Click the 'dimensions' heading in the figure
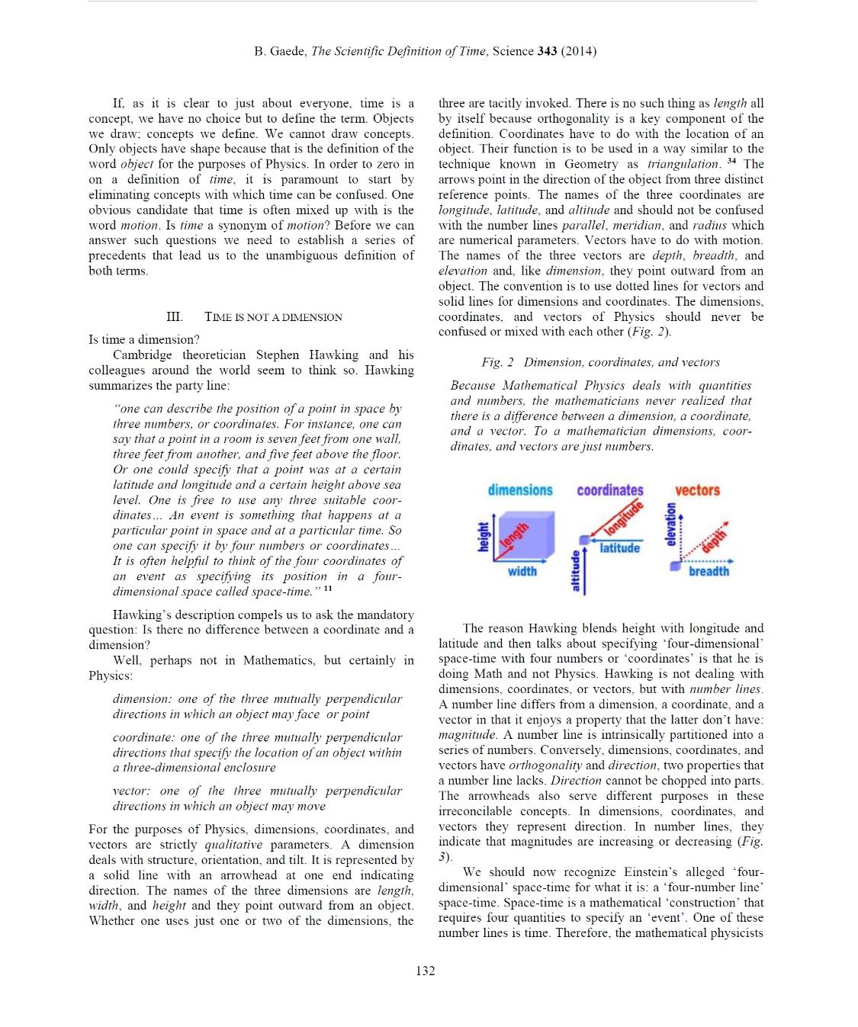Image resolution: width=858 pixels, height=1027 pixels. point(520,490)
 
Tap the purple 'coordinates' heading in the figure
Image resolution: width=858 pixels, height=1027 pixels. point(609,490)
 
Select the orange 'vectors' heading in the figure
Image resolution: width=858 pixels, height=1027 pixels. point(697,490)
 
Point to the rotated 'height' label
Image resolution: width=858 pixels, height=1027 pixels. point(482,537)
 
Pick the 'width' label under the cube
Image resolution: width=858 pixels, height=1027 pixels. point(522,571)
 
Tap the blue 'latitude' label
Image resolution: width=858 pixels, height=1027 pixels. point(619,547)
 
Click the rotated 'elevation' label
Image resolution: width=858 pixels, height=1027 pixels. point(671,525)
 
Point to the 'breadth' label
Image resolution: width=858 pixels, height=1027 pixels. point(709,571)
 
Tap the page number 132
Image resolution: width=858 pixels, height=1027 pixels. point(426,970)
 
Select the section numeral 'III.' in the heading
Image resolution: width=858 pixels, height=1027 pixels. point(174,317)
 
